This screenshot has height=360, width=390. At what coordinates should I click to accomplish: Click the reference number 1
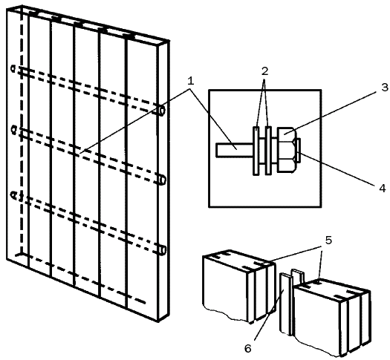click(x=190, y=81)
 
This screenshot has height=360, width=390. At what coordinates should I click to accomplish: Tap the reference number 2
click(x=264, y=71)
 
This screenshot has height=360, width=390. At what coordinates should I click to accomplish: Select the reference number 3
click(x=384, y=88)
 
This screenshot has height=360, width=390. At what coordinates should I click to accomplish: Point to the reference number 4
click(x=383, y=189)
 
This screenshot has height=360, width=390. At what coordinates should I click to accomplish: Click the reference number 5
click(x=328, y=240)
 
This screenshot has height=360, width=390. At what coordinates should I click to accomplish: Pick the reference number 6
click(x=247, y=348)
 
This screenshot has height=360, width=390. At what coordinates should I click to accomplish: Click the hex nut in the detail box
click(x=287, y=150)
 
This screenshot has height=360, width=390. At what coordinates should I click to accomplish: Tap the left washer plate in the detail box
click(x=256, y=151)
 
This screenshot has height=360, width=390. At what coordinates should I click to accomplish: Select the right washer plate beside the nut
click(x=268, y=151)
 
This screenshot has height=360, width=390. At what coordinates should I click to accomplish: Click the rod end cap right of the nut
click(x=299, y=150)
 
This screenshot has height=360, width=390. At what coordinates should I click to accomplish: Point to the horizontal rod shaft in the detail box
click(x=235, y=150)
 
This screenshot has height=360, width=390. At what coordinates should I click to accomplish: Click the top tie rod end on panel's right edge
click(x=162, y=110)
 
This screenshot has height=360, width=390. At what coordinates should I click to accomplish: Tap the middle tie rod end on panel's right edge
click(x=162, y=180)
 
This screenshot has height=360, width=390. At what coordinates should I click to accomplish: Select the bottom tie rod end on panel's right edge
click(x=162, y=250)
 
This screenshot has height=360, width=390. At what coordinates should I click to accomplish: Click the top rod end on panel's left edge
click(x=13, y=68)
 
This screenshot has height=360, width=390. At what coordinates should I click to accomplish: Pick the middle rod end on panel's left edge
click(x=13, y=130)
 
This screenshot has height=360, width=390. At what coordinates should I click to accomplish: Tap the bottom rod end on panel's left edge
click(x=14, y=195)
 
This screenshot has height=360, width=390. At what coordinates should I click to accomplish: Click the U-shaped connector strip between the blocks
click(x=291, y=302)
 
